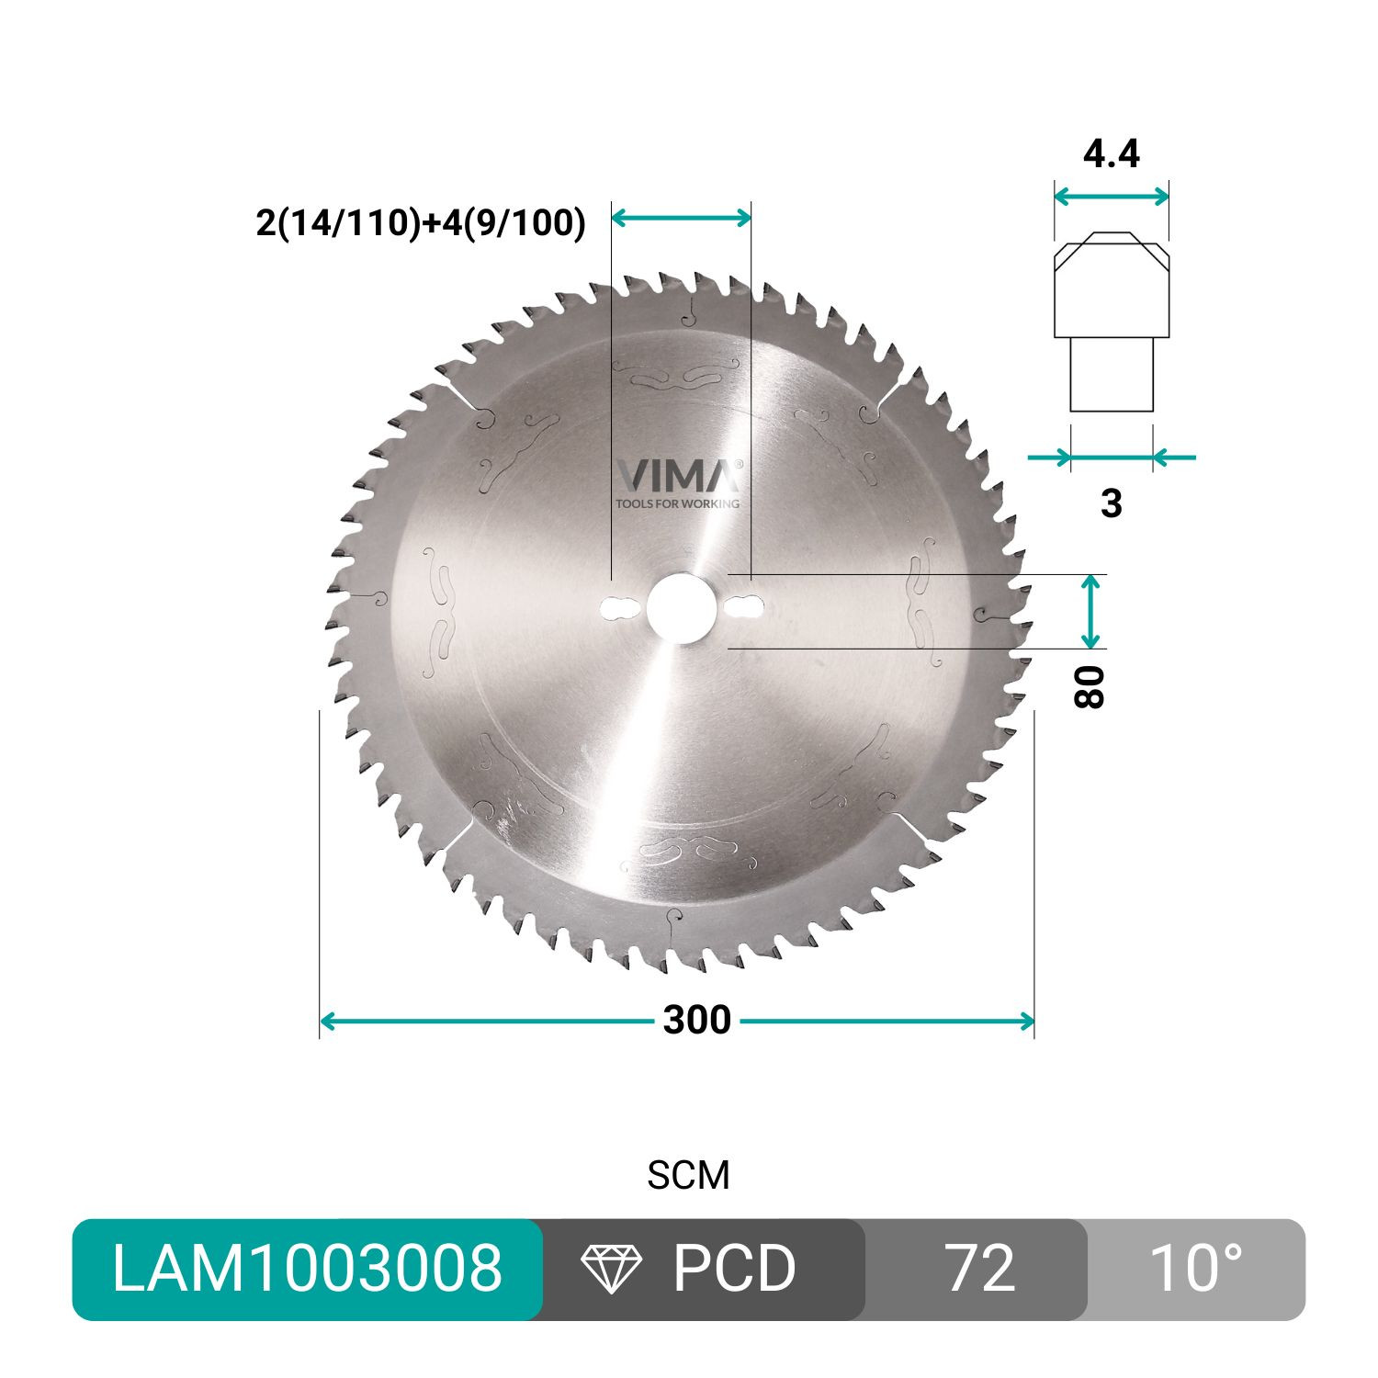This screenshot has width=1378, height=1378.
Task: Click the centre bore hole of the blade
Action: (x=681, y=607)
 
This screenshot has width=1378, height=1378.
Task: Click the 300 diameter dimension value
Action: (x=697, y=1021)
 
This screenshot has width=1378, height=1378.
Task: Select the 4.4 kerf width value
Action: (x=1112, y=153)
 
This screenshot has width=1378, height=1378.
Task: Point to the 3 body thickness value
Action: (x=1112, y=503)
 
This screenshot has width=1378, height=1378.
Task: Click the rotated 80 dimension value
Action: (x=1090, y=686)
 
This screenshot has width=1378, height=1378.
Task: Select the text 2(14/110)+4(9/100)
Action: (x=421, y=222)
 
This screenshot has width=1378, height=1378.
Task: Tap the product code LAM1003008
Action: (x=307, y=1270)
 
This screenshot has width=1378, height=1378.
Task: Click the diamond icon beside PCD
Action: (x=612, y=1270)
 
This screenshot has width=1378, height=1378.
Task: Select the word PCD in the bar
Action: (x=734, y=1270)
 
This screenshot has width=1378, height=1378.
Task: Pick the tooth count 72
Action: (x=979, y=1270)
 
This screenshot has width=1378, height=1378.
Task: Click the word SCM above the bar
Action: (x=688, y=1176)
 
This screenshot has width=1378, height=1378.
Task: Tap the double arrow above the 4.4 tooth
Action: (x=1112, y=196)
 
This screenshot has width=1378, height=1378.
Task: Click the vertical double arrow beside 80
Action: (x=1090, y=612)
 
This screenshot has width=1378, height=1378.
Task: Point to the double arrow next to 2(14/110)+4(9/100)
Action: (x=681, y=218)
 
